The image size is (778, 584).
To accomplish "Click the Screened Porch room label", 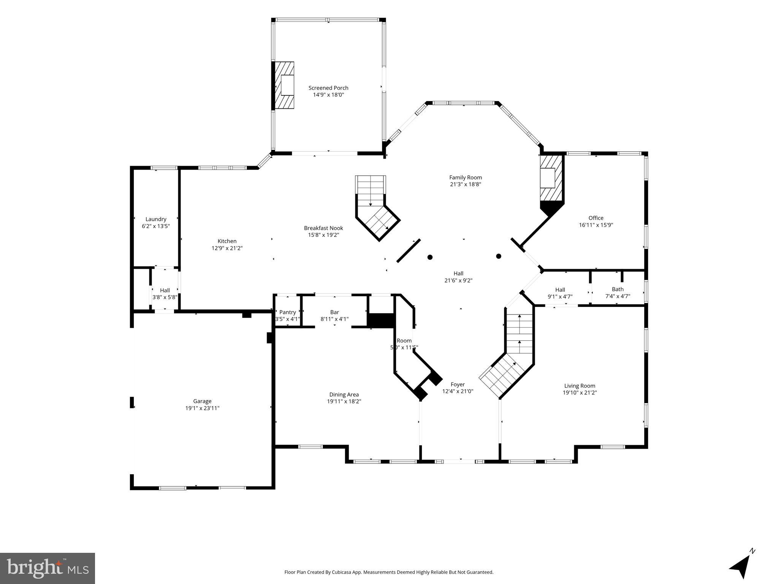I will tap(328, 88).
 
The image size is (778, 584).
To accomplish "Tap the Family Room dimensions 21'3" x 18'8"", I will tap(465, 184).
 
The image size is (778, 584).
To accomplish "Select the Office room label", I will tap(596, 218).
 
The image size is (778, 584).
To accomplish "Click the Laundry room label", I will tap(156, 219).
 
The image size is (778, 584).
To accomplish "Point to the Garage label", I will tap(202, 401).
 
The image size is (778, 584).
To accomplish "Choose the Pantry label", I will tap(287, 312).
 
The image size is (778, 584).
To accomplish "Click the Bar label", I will tap(334, 312).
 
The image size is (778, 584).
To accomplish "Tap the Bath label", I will tap(617, 289).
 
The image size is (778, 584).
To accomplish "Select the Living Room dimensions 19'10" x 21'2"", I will tap(580, 393).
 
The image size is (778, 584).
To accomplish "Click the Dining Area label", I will tap(344, 395).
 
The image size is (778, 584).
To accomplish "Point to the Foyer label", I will tap(458, 384).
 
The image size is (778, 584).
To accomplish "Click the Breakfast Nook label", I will tap(323, 228).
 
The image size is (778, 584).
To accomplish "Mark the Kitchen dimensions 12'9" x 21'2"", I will tap(227, 248).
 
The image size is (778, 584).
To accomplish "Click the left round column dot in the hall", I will tap(430, 257).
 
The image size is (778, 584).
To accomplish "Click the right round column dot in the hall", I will tap(499, 256).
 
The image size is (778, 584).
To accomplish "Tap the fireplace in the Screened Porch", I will tap(285, 85).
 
